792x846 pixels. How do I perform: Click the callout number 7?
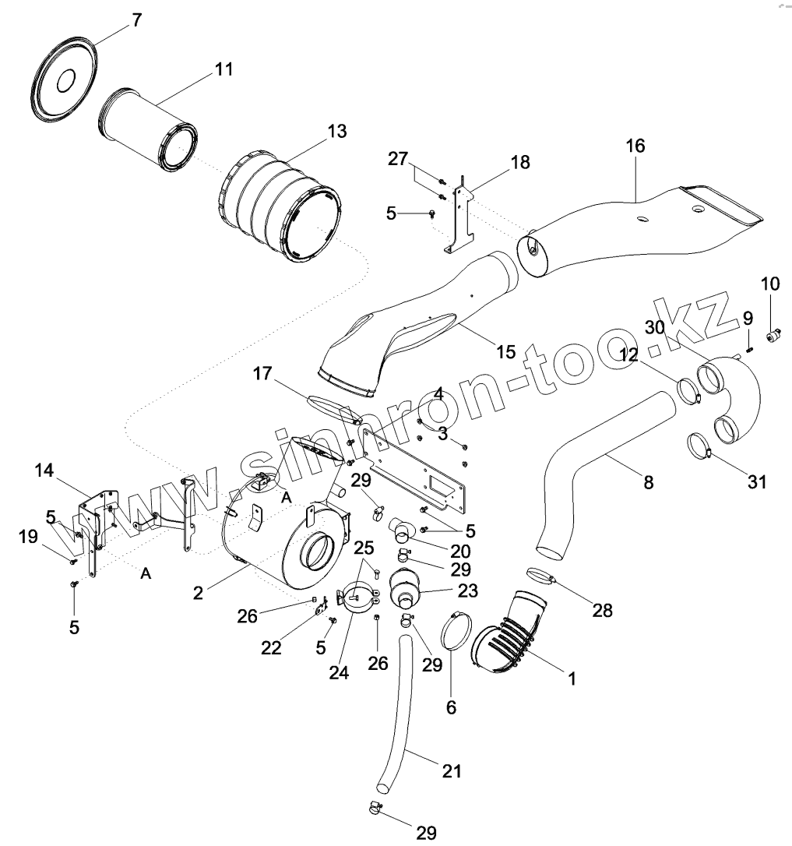click(137, 20)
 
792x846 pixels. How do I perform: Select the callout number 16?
click(635, 146)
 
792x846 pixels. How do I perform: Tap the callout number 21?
click(452, 771)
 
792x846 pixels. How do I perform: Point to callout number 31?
click(756, 482)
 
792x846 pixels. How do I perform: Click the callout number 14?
click(44, 471)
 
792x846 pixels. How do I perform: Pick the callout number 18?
click(519, 162)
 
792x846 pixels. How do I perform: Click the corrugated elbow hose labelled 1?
click(506, 635)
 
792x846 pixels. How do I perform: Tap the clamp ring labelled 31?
click(702, 446)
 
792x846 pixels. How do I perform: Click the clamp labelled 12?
click(688, 390)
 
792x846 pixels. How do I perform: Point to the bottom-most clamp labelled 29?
click(377, 809)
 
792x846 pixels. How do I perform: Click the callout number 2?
click(199, 593)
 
